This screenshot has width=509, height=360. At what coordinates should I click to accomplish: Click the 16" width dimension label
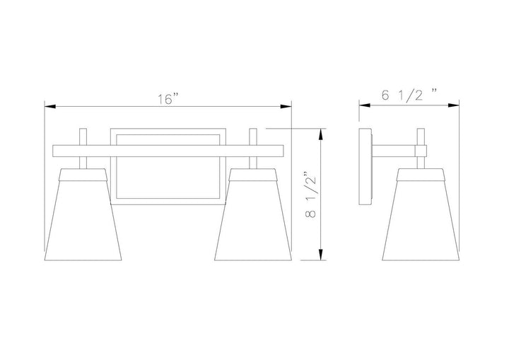168,99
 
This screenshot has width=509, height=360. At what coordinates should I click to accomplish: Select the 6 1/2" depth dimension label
409,95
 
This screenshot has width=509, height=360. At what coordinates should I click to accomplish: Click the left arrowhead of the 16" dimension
50,107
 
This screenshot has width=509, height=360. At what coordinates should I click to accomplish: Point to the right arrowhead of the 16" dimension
286,107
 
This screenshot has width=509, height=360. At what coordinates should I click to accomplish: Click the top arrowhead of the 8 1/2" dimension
321,134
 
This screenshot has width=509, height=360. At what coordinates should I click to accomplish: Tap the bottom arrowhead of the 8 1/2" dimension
321,255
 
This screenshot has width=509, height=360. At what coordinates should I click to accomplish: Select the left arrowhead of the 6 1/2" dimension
365,105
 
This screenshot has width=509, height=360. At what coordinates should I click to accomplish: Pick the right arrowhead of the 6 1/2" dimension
453,105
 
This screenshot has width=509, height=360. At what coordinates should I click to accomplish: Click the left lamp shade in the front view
83,214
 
